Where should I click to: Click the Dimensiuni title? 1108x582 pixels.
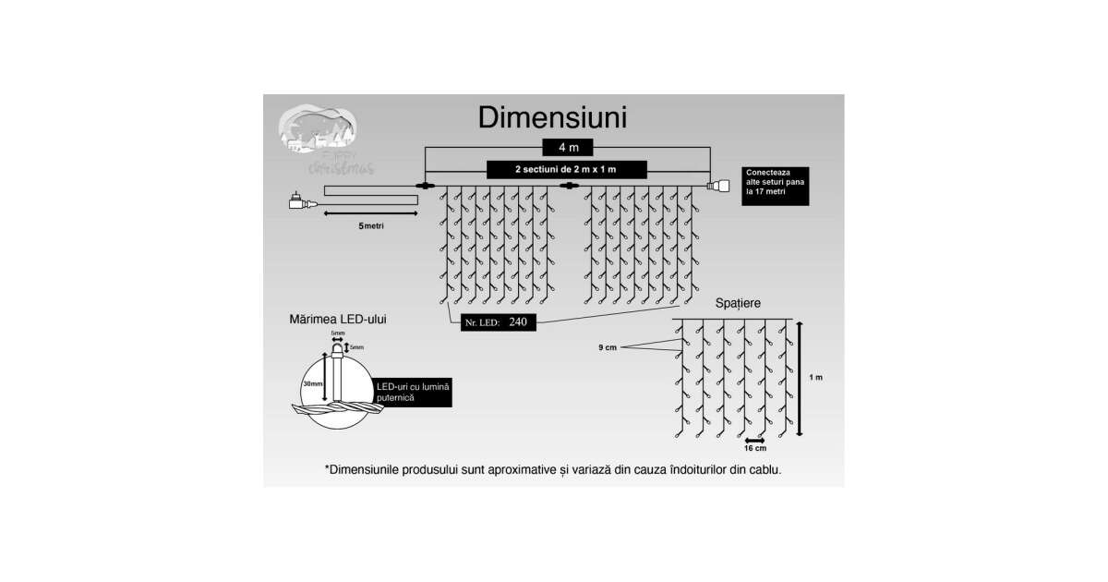tap(553, 118)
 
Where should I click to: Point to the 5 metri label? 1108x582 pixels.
tap(373, 225)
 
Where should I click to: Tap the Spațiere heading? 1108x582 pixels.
tap(739, 303)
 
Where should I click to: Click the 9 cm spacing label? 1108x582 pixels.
tap(607, 347)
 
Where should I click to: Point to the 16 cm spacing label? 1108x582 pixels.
tap(754, 449)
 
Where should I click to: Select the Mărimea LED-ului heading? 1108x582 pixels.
tap(337, 319)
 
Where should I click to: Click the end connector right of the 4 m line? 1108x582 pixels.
tap(717, 186)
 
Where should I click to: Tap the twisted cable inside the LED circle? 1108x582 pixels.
tap(338, 406)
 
